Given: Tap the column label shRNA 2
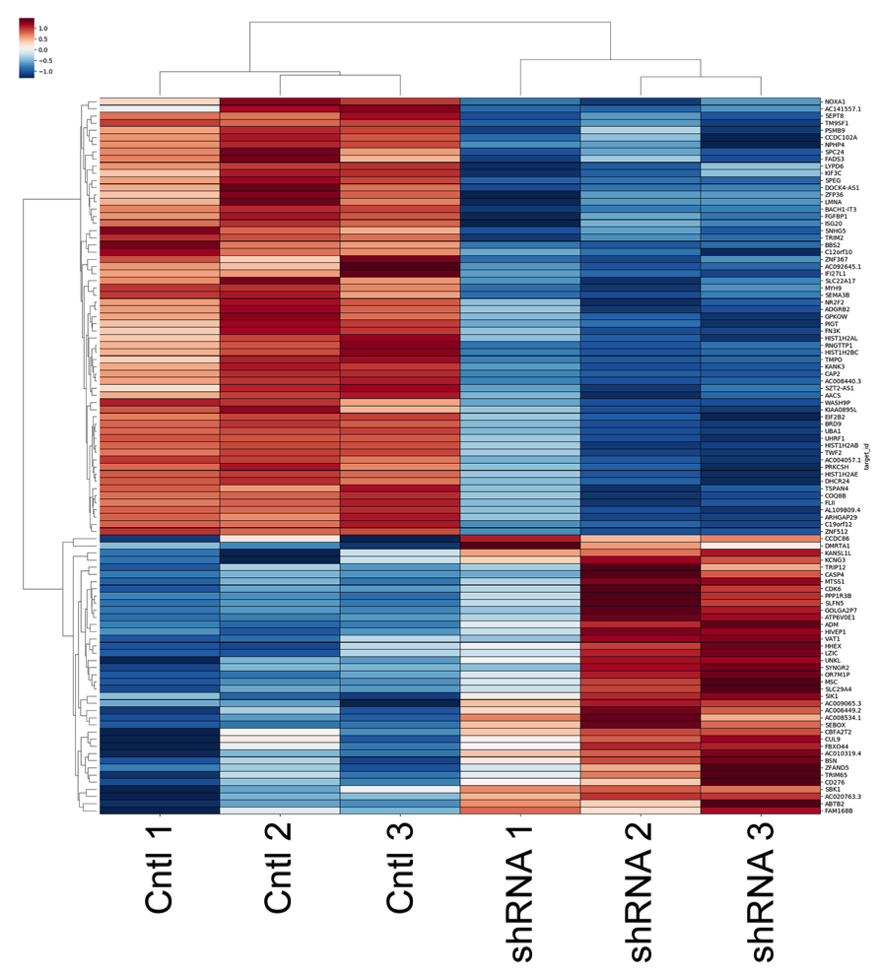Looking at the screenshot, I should (640, 891).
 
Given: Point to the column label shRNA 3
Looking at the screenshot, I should (760, 891).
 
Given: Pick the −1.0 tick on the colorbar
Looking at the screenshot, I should (45, 72).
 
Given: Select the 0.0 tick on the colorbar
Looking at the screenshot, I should (42, 50).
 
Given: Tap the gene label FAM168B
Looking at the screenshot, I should (840, 811).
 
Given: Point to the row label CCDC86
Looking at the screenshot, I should (838, 539).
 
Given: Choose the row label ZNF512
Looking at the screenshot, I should (838, 532).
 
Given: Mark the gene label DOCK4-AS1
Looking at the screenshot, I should (844, 187).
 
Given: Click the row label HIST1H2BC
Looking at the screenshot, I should (844, 353).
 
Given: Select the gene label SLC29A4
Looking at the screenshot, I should (839, 688).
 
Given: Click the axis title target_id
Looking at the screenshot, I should (867, 459).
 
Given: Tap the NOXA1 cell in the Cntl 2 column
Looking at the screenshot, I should (279, 101).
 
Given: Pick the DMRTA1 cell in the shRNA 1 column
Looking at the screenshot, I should (519, 546).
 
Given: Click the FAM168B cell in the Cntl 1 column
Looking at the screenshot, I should (159, 811).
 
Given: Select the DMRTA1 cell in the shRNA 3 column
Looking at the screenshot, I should (760, 546).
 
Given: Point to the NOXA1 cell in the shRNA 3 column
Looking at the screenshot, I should (760, 101).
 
